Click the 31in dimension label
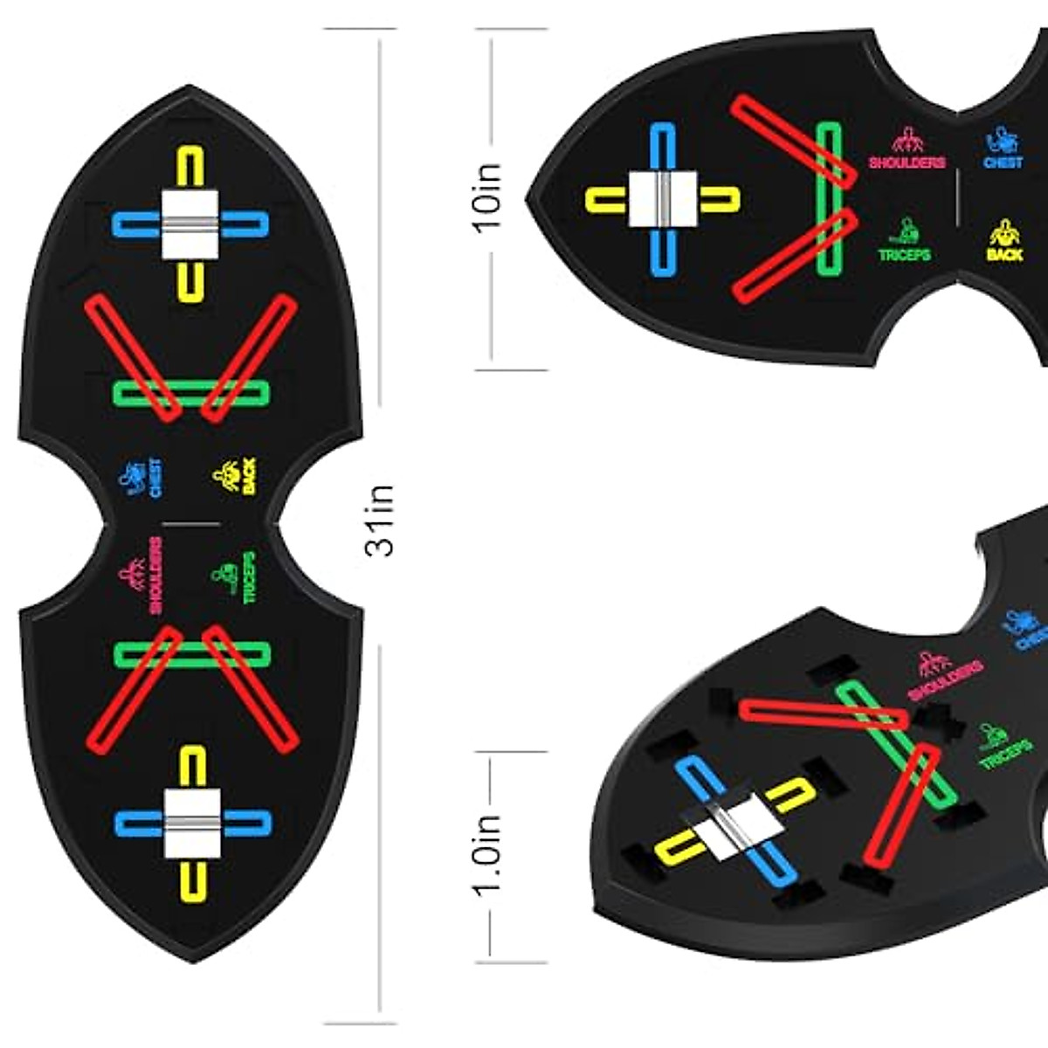381,521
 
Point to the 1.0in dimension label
487,851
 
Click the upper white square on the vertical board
190,224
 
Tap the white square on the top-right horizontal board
663,199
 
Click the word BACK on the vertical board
250,478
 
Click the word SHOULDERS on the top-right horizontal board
907,162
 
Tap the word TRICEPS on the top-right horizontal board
904,255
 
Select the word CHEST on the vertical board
155,479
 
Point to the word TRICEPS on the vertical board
249,577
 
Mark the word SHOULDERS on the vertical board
155,575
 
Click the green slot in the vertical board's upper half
191,393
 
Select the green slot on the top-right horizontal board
829,199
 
